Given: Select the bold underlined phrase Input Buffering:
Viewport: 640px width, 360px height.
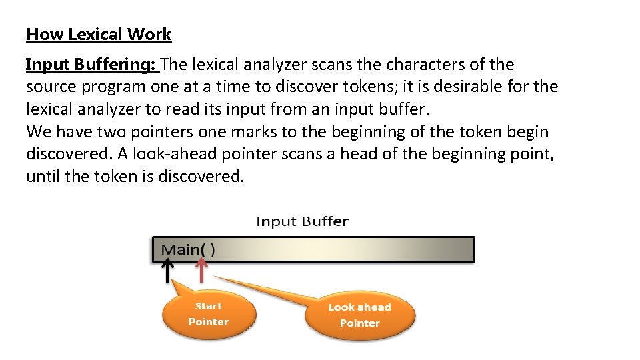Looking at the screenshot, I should pos(91,65).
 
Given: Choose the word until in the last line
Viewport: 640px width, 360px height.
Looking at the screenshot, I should pos(43,176).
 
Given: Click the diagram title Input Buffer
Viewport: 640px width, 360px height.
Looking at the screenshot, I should pos(302,221).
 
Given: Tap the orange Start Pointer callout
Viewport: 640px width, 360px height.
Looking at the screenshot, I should pos(208,315).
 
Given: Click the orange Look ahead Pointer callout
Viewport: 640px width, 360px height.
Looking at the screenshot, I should pos(359,315).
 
